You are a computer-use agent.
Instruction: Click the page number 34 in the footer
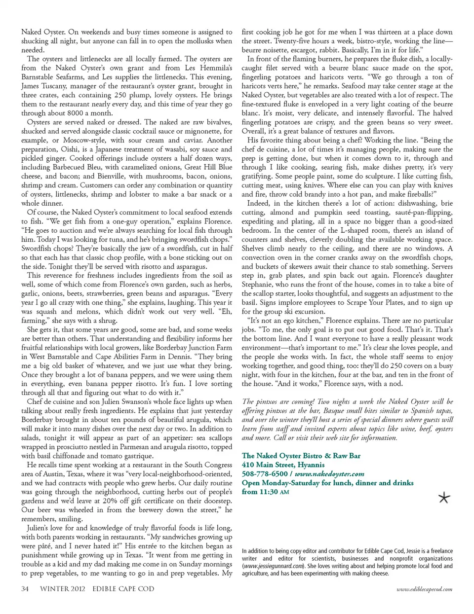(x=25, y=589)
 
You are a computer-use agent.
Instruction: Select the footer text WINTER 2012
(x=62, y=589)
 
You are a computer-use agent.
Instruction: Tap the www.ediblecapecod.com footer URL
(x=424, y=589)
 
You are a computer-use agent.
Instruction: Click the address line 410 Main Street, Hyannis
(x=283, y=465)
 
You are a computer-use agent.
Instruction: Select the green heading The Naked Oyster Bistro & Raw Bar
(x=301, y=456)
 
